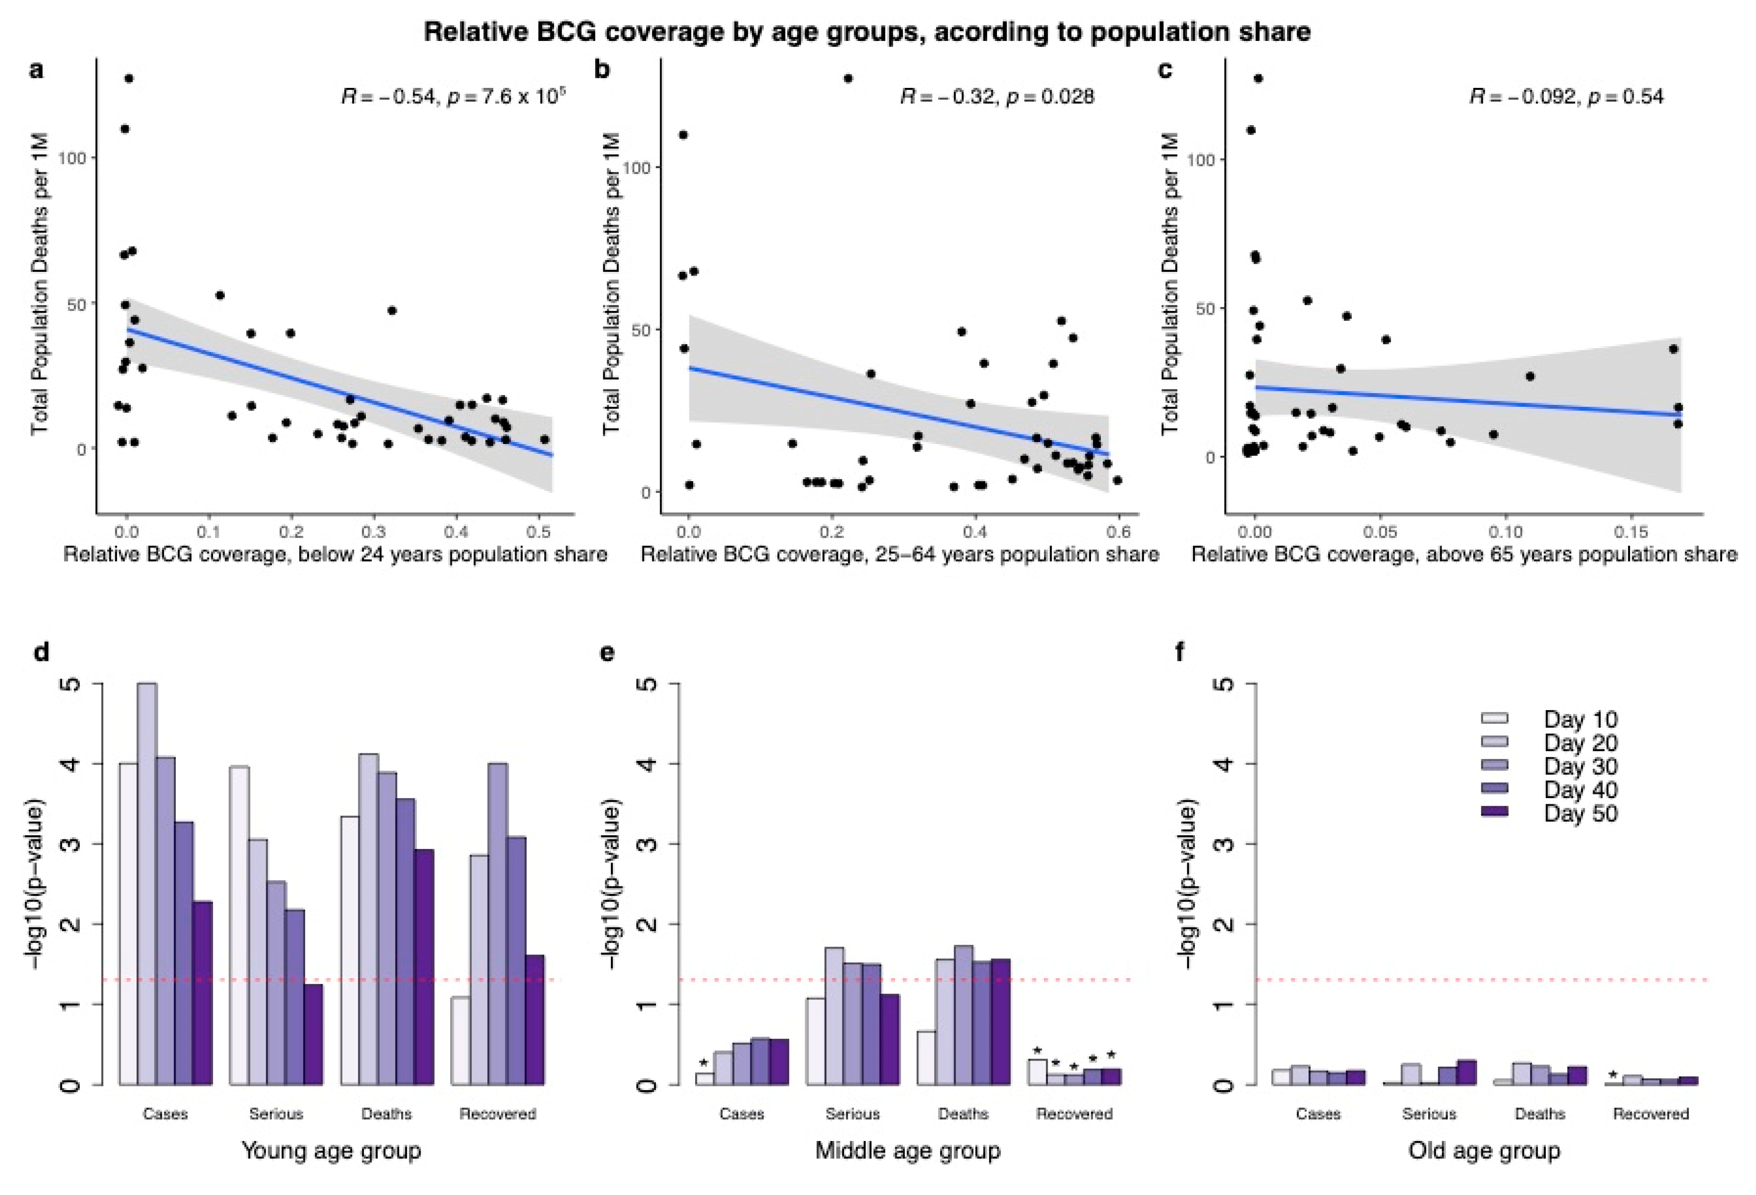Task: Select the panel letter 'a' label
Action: (36, 70)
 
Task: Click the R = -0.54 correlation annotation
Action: (389, 97)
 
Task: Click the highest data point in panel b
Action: (848, 79)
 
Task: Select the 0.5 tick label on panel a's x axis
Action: (538, 531)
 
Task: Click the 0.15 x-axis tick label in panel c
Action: (1630, 531)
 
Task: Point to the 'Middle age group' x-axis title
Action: (908, 1150)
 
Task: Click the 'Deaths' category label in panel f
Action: (1540, 1113)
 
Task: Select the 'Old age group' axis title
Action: (1484, 1150)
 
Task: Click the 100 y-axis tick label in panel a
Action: (77, 158)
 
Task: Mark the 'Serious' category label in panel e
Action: (852, 1113)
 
